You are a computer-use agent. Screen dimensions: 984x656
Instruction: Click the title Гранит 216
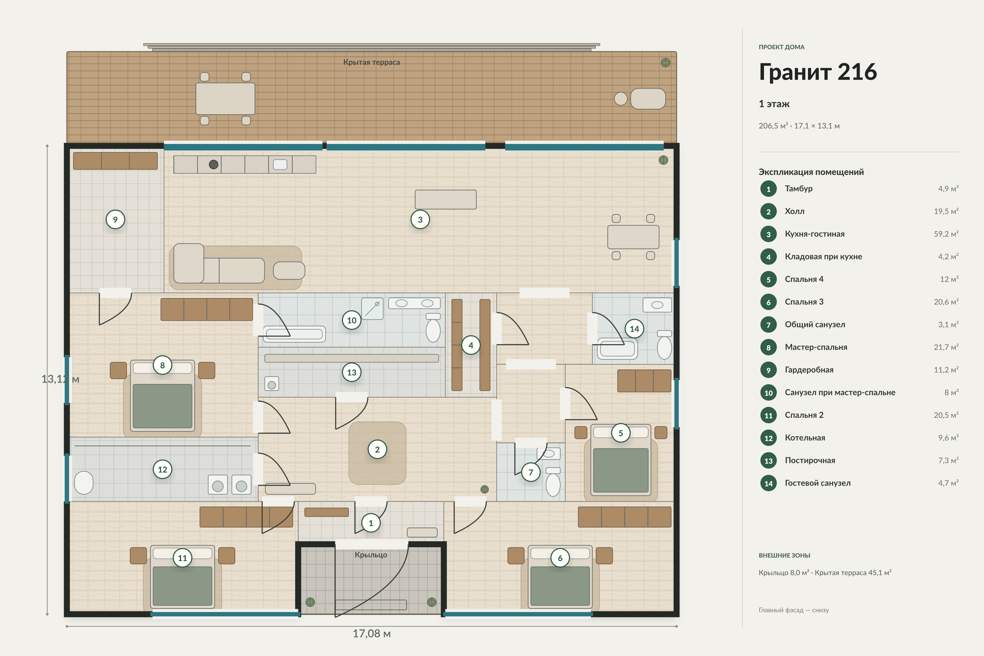[x=818, y=72]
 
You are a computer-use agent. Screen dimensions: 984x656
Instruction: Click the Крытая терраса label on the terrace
[x=371, y=62]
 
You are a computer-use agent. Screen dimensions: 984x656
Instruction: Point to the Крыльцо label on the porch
[x=371, y=555]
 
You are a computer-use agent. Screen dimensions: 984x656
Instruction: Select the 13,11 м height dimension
[x=60, y=379]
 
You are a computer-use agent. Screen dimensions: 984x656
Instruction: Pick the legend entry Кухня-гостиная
[x=815, y=234]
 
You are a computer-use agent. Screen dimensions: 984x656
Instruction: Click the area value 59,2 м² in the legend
[x=946, y=234]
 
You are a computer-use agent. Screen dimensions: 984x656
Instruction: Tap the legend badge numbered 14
[x=769, y=483]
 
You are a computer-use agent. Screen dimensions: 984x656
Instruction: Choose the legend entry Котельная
[x=805, y=438]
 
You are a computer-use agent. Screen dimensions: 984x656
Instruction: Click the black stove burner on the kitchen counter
[x=213, y=165]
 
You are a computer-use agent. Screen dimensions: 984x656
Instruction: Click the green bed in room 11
[x=182, y=586]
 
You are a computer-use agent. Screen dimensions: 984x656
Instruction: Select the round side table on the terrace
[x=620, y=99]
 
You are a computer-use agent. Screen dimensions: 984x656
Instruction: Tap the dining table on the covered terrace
[x=225, y=99]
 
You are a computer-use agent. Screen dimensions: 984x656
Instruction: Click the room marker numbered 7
[x=531, y=472]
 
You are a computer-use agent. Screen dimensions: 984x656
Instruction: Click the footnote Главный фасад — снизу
[x=794, y=610]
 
